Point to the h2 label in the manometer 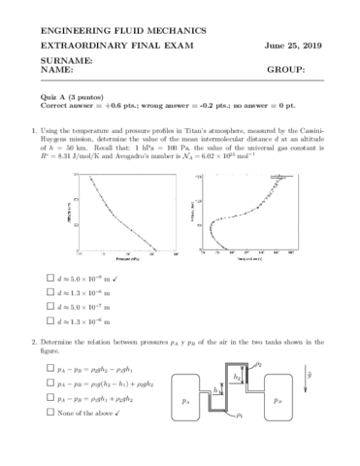click(238, 374)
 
